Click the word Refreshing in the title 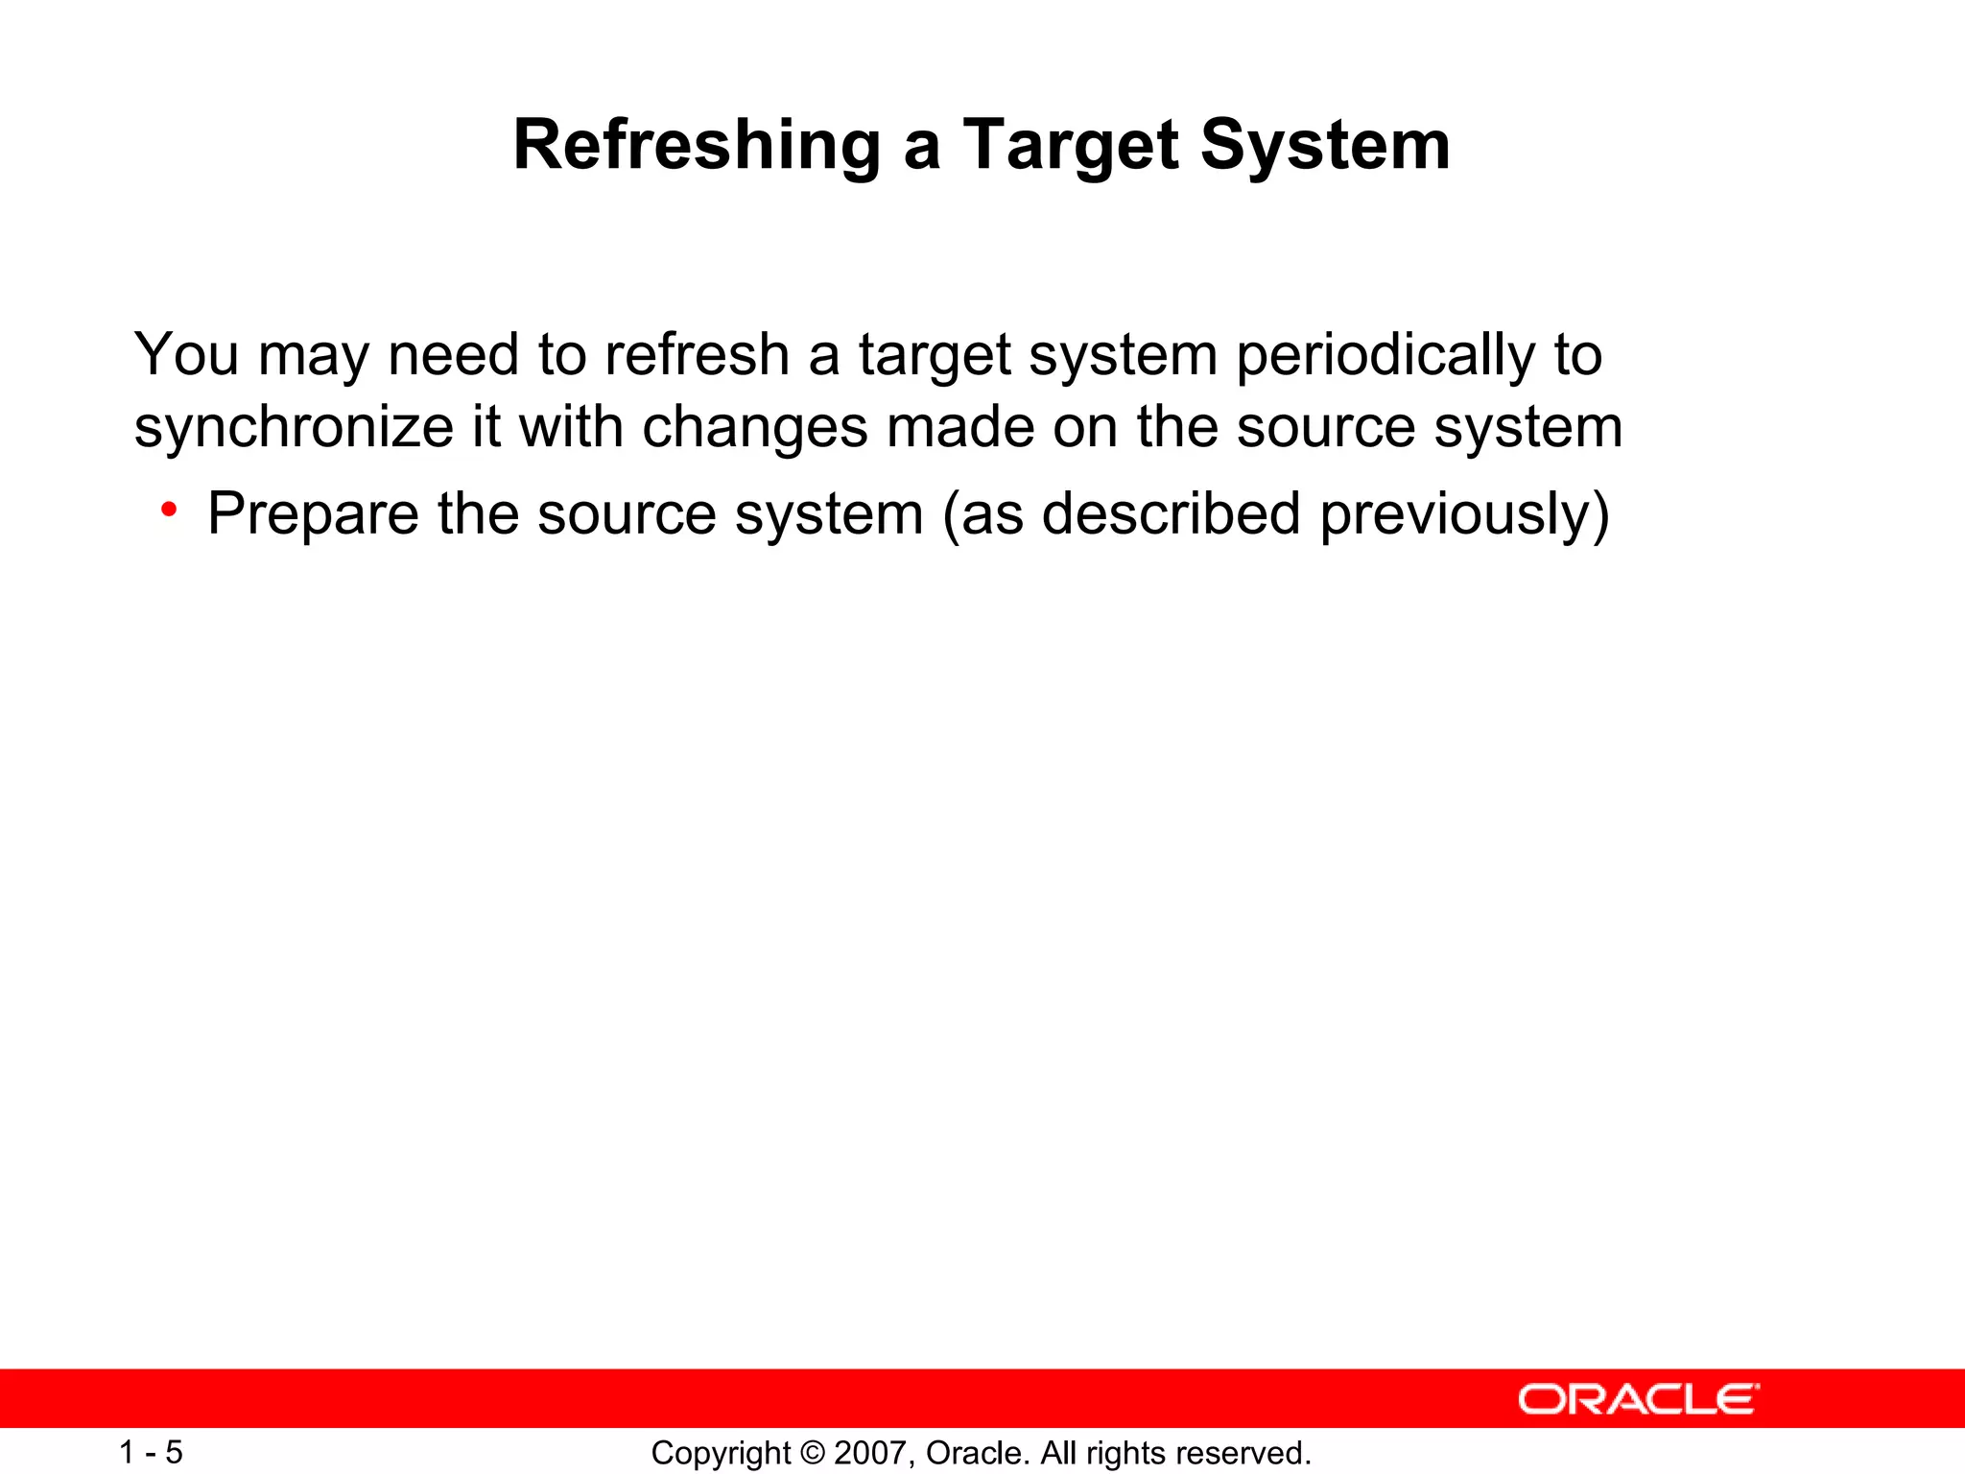click(x=697, y=146)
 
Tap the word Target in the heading click(x=1070, y=146)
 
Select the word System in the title click(x=1325, y=146)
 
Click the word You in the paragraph click(x=186, y=354)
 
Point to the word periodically click(x=1385, y=356)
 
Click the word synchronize click(x=294, y=427)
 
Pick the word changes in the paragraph click(x=754, y=427)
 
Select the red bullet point click(x=169, y=510)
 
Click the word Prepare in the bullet click(x=313, y=514)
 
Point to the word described click(x=1171, y=514)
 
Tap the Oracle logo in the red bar click(x=1638, y=1399)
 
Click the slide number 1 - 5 click(x=151, y=1452)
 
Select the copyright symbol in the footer click(x=812, y=1453)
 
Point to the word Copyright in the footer click(x=721, y=1453)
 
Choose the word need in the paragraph click(x=453, y=354)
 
